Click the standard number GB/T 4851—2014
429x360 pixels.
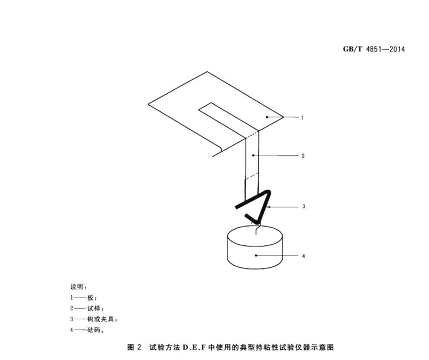(x=374, y=49)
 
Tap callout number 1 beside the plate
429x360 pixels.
(x=302, y=117)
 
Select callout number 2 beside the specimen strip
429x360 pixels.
(x=303, y=156)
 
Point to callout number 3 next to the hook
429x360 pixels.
(x=304, y=207)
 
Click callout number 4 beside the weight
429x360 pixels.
(x=304, y=256)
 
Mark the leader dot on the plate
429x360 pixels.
(x=267, y=117)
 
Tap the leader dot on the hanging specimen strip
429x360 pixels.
(x=253, y=155)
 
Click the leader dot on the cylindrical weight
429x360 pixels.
(x=256, y=256)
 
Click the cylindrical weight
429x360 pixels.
(x=255, y=247)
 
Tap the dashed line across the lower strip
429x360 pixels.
(x=252, y=176)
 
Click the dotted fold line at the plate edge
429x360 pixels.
(x=252, y=135)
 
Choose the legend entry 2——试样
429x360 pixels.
(x=87, y=309)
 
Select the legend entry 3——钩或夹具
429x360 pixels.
(x=94, y=319)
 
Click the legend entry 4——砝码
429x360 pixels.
(x=87, y=330)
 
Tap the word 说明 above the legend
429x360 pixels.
(x=77, y=287)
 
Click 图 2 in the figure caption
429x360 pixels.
(x=135, y=348)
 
